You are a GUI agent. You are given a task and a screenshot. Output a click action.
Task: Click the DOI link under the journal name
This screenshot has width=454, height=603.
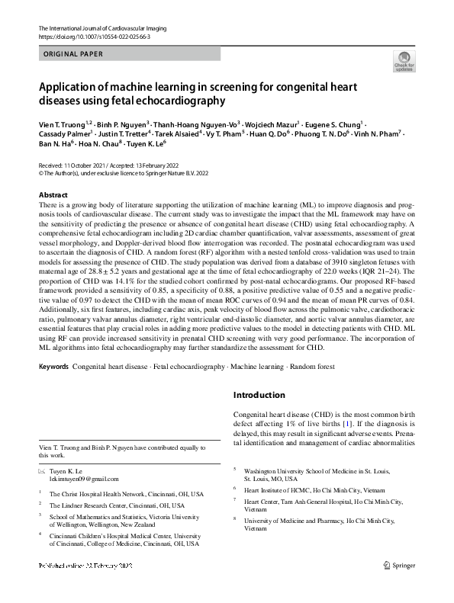click(93, 37)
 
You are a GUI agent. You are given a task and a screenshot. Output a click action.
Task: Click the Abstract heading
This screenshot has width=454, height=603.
click(53, 195)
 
